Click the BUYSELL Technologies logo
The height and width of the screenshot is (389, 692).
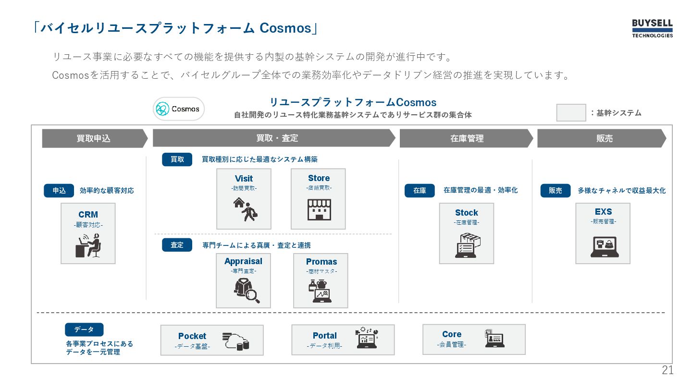pyautogui.click(x=652, y=28)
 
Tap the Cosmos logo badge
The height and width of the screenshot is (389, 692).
pyautogui.click(x=179, y=109)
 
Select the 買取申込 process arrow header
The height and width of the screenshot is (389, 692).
pyautogui.click(x=94, y=138)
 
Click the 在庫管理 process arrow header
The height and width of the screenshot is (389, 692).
pyautogui.click(x=466, y=138)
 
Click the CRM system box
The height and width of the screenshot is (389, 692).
pyautogui.click(x=88, y=233)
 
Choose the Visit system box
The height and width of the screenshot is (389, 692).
pyautogui.click(x=244, y=199)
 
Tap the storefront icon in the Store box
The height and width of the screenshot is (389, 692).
pyautogui.click(x=319, y=209)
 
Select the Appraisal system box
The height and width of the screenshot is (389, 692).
pyautogui.click(x=243, y=281)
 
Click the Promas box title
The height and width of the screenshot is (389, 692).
pyautogui.click(x=321, y=262)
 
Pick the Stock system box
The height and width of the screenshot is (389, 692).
pyautogui.click(x=466, y=233)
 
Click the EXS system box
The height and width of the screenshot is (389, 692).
pyautogui.click(x=603, y=233)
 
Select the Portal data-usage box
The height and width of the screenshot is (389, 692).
pyautogui.click(x=343, y=340)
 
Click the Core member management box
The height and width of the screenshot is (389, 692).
pyautogui.click(x=474, y=339)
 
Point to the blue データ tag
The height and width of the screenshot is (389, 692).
pyautogui.click(x=84, y=329)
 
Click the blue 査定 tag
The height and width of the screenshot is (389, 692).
pyautogui.click(x=177, y=245)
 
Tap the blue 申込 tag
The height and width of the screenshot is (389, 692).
pyautogui.click(x=59, y=191)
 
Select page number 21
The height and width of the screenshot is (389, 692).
pyautogui.click(x=667, y=370)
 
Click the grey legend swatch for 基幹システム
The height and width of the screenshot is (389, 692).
pyautogui.click(x=571, y=113)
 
